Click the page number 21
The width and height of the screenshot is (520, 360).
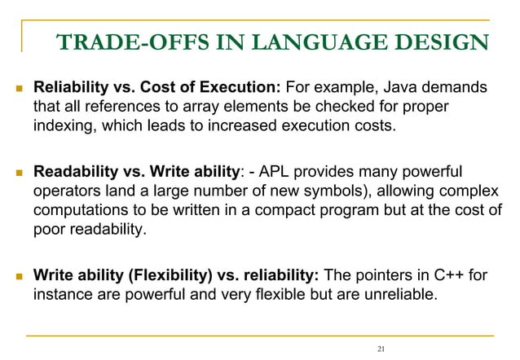pos(381,349)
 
